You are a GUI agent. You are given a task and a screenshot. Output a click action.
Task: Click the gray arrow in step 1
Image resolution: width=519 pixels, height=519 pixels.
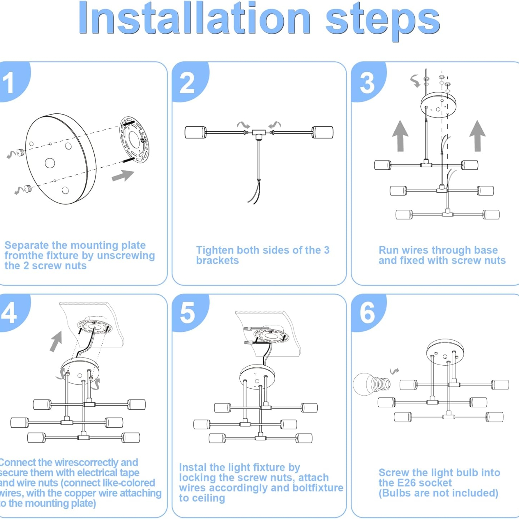click(123, 176)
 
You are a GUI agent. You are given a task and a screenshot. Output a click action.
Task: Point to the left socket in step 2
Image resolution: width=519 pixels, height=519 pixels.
click(196, 132)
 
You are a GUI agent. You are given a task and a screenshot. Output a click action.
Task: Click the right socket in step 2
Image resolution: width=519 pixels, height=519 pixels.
click(322, 132)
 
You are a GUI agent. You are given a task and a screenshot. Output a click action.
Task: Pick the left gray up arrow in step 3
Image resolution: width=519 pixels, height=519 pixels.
click(400, 136)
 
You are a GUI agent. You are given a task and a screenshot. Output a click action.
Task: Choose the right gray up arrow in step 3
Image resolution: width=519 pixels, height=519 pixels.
click(477, 136)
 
